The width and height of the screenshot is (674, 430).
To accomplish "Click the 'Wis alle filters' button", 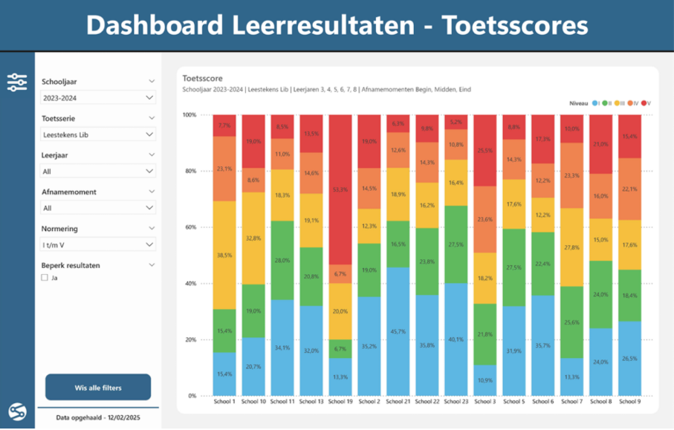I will [x=98, y=388].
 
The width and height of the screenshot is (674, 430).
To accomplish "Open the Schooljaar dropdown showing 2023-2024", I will [x=97, y=97].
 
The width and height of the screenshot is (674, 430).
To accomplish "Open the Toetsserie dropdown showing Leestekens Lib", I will [x=97, y=134].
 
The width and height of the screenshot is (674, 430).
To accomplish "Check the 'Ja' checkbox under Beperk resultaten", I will [x=45, y=278].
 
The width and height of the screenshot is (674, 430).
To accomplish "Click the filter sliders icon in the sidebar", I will [x=17, y=82].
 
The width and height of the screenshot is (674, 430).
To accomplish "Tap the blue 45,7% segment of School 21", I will [x=398, y=331].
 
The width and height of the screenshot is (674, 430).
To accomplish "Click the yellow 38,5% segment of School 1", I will [x=224, y=255].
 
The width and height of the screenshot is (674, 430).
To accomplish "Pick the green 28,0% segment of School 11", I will [x=282, y=260].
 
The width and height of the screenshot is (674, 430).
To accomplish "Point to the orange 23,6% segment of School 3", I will [x=485, y=219].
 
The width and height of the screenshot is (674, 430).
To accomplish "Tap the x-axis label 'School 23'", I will [x=456, y=402].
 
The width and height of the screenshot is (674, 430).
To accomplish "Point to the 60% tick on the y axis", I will [x=189, y=227].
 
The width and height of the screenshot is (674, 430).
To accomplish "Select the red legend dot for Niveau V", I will [x=644, y=102].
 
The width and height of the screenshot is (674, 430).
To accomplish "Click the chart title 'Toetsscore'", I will [x=203, y=77].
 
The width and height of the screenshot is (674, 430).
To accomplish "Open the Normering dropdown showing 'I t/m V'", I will [x=97, y=244].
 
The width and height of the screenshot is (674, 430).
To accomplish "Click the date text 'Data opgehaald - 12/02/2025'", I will [x=98, y=418].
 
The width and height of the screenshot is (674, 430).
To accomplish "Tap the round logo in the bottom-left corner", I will [x=17, y=411].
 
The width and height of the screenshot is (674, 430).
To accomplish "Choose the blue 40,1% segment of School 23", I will [x=456, y=339].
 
